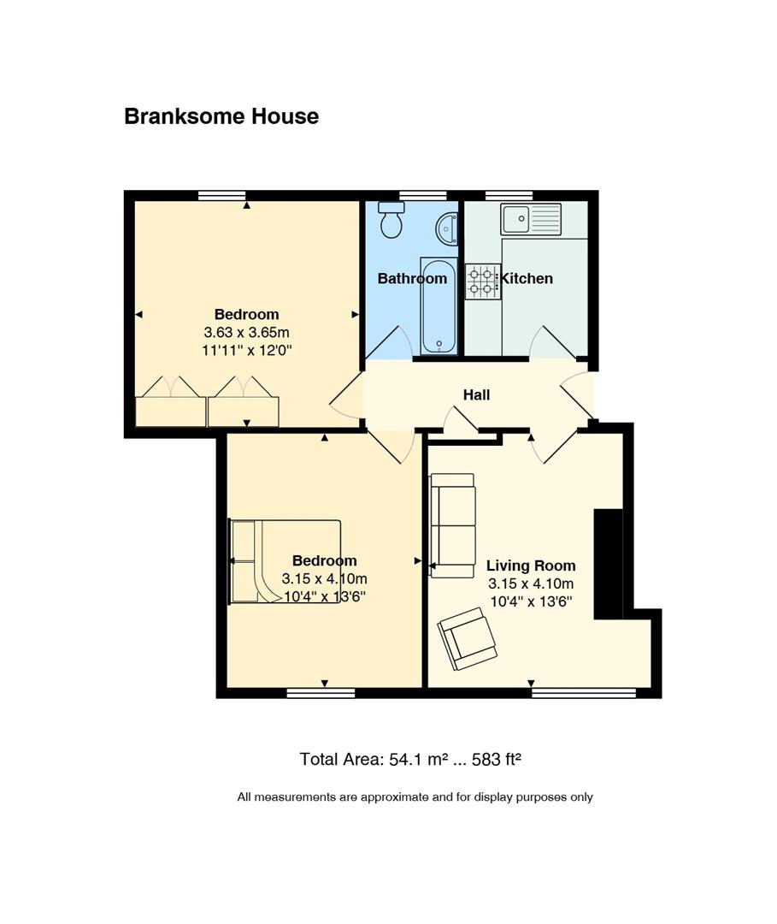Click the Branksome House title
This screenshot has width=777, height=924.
click(221, 116)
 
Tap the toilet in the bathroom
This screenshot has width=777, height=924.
click(391, 220)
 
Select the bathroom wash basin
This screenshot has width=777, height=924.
click(447, 228)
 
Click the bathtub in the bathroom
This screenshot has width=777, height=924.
click(439, 305)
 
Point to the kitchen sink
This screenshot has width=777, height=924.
click(531, 219)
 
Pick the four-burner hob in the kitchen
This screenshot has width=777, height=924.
click(482, 281)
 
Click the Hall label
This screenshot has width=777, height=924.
click(476, 394)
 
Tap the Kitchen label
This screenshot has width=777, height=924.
click(527, 278)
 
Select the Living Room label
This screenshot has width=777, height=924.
click(530, 566)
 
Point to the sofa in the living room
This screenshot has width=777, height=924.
click(452, 525)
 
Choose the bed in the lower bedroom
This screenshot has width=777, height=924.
click(285, 561)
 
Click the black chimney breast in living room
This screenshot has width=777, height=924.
click(608, 564)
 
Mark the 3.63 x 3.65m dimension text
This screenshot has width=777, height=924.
click(247, 332)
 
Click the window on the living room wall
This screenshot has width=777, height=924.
click(584, 693)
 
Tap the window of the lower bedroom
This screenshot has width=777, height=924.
click(321, 693)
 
